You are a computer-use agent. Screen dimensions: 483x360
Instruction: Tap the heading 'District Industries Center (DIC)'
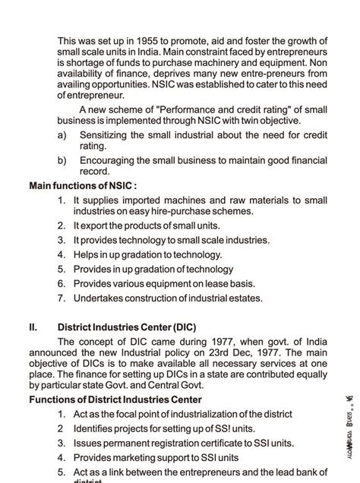[x=127, y=327]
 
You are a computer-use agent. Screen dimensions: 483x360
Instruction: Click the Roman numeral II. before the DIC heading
[x=33, y=327]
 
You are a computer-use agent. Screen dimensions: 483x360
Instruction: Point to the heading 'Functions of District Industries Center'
[x=115, y=399]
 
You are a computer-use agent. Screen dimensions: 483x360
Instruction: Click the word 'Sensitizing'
[x=105, y=134]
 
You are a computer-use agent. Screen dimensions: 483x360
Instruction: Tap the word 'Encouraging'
[x=110, y=160]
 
